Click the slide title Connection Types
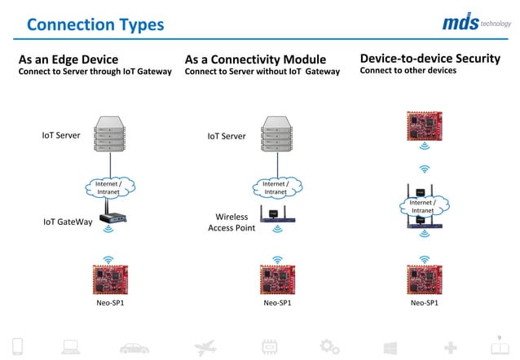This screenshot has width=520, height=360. coord(95,25)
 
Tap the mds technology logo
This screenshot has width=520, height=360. coord(475,23)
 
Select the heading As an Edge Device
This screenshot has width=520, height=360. coord(68,59)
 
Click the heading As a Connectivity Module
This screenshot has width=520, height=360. coord(255,59)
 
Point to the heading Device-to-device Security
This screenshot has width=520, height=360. coord(430,59)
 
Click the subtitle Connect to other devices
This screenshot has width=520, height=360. coord(408,71)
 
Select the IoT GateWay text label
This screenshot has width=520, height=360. coord(67,222)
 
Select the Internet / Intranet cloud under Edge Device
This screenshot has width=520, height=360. coord(109,188)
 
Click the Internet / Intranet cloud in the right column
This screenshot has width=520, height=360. coord(422,206)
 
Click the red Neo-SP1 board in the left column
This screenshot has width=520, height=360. coord(110,279)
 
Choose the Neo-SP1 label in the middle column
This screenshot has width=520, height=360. coord(278,303)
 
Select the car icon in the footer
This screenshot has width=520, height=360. coord(134,349)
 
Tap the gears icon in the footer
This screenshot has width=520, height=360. coord(329,348)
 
